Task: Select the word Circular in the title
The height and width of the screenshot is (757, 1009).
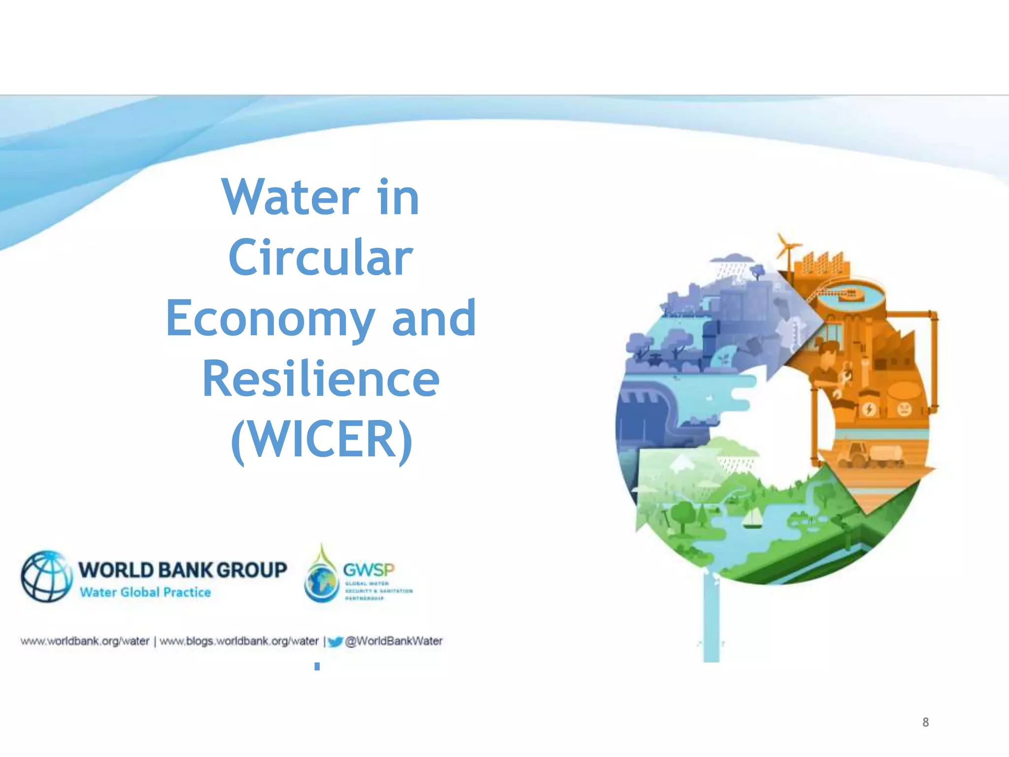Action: tap(320, 258)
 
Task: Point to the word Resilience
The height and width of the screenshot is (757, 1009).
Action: tap(321, 379)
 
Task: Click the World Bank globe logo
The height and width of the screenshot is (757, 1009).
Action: tap(46, 576)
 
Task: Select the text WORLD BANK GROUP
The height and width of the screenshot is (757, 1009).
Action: tap(183, 570)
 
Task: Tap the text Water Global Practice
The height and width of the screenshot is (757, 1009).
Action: tap(145, 592)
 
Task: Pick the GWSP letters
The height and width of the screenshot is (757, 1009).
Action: tap(369, 570)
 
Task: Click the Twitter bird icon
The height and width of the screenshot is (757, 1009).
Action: tap(335, 642)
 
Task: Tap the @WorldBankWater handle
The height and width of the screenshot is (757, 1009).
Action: tap(394, 641)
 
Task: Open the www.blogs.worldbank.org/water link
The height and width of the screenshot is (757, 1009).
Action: tap(239, 641)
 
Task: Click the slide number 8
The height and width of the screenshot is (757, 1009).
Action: tap(925, 723)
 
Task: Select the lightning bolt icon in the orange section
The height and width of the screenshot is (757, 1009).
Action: tap(869, 409)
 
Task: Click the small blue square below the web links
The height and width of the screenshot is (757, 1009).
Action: tap(317, 666)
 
